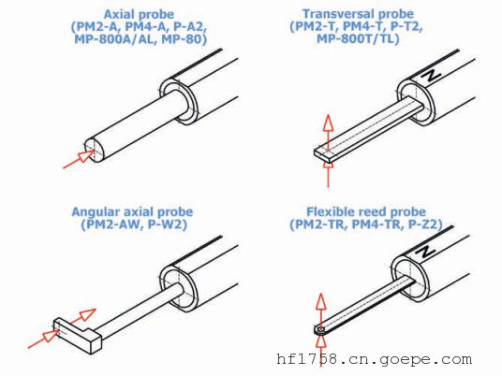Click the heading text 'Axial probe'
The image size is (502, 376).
tap(139, 14)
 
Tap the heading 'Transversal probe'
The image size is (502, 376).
tap(358, 14)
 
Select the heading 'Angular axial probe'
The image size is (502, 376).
tap(132, 212)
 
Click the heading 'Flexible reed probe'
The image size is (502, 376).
tap(366, 211)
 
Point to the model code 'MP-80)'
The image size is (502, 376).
tap(185, 39)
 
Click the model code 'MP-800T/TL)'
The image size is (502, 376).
tap(358, 38)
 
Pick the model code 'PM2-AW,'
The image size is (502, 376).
tap(111, 224)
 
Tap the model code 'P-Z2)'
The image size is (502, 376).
tap(425, 224)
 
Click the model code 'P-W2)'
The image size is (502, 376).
tap(167, 224)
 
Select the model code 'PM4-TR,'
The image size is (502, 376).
tap(376, 224)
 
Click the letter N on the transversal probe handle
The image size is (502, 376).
tap(431, 77)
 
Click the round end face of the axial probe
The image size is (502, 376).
tap(95, 150)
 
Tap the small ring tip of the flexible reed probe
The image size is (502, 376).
tap(319, 329)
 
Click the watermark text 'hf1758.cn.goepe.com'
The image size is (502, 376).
tap(374, 359)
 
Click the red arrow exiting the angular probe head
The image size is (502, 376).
tap(82, 315)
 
